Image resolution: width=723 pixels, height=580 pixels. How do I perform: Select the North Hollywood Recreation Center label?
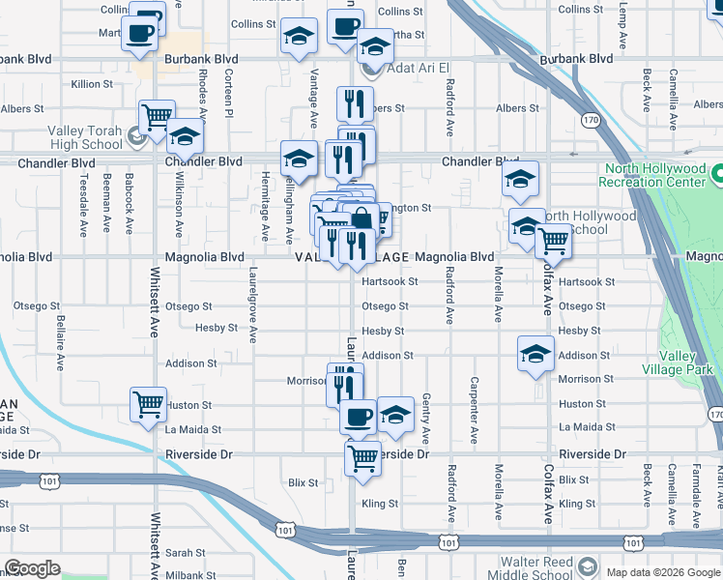(x=652, y=175)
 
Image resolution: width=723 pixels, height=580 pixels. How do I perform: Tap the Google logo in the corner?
(x=32, y=568)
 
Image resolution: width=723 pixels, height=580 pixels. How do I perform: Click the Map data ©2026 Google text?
(x=663, y=572)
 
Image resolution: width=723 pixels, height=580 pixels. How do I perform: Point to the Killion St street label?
(x=93, y=84)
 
